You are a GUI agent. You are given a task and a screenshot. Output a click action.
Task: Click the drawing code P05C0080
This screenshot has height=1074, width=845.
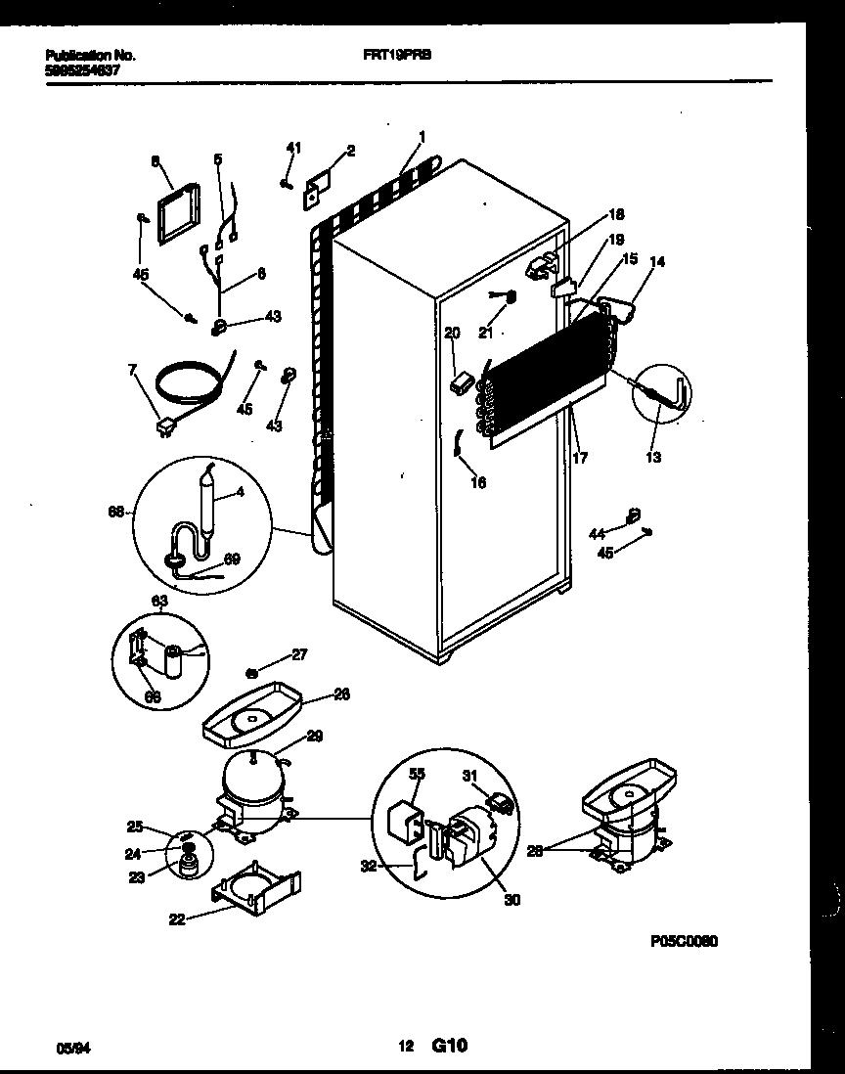(684, 941)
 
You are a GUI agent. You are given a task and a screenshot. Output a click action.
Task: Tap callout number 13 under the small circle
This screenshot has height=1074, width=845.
(653, 456)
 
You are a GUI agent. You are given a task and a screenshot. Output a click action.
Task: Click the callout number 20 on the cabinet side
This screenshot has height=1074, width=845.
(451, 334)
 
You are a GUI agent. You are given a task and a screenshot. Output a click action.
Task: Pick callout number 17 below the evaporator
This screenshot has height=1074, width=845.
(580, 456)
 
